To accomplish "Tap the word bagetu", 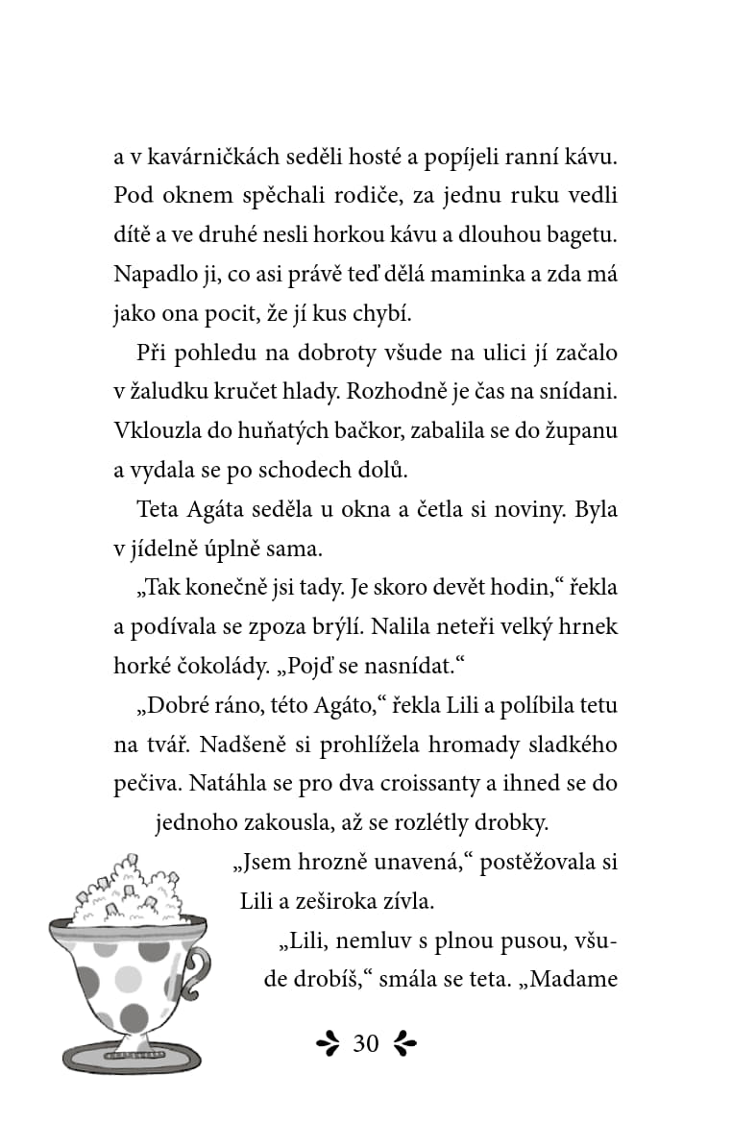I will (582, 234).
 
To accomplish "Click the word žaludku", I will (175, 392).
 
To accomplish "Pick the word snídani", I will (579, 392).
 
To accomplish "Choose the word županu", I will (579, 431).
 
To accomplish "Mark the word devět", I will (446, 588).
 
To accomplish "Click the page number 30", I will (366, 1043).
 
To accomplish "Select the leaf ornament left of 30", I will (329, 1043).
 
